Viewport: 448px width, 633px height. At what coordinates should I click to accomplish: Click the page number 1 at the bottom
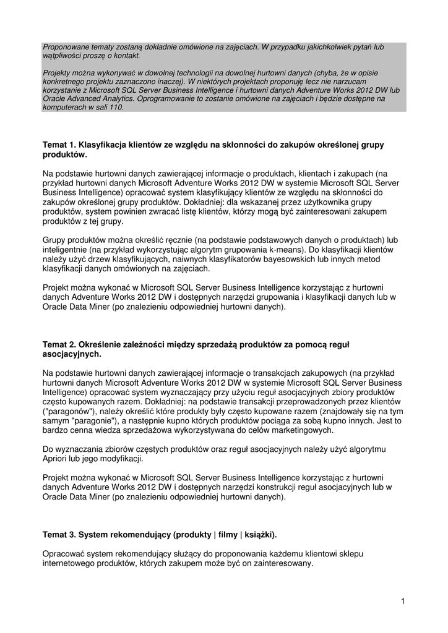pos(402,601)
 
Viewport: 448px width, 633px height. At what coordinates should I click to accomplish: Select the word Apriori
pos(56,459)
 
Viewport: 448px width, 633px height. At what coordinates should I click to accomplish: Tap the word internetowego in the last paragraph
pos(69,564)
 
